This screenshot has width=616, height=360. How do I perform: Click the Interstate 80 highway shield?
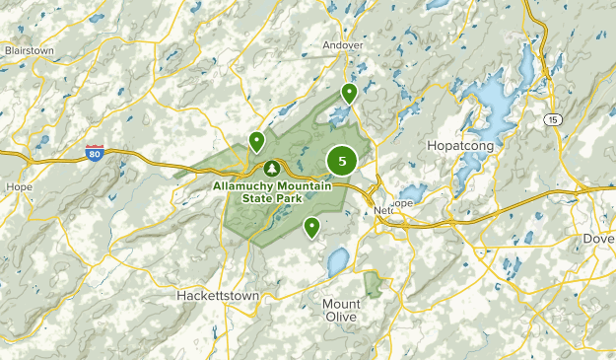coord(95,153)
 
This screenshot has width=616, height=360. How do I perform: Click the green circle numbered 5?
coord(342,160)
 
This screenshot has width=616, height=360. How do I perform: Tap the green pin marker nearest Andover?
coord(349,94)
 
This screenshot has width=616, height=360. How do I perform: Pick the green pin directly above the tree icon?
coord(256,142)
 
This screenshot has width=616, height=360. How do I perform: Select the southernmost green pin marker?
coord(312,228)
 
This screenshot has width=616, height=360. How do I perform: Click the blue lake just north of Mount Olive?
coord(337,261)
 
